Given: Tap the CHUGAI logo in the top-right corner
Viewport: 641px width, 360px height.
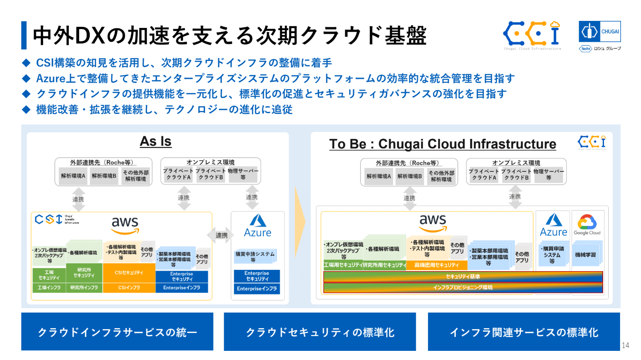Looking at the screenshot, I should [600, 32].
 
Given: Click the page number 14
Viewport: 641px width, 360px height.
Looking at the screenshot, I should [625, 345].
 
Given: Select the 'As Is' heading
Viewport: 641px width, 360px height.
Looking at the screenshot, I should [155, 141].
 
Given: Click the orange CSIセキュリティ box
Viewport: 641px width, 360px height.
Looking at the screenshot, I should [129, 273].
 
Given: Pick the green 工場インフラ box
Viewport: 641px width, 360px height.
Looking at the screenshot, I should [49, 288].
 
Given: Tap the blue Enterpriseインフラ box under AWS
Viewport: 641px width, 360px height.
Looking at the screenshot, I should [182, 288].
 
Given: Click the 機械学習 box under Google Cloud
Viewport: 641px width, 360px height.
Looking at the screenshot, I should [585, 255].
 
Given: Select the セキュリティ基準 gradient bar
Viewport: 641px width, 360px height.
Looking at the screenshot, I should [462, 276].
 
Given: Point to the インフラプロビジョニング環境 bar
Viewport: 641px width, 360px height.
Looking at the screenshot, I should [462, 287].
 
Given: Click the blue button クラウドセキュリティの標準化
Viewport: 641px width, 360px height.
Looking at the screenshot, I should [320, 332].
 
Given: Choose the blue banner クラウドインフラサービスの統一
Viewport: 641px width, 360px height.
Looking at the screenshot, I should [117, 332].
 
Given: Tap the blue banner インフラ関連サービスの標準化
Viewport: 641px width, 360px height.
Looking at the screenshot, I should [524, 332].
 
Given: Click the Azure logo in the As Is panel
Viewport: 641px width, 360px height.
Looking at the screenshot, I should [257, 225].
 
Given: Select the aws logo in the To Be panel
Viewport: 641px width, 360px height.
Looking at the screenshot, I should [432, 222].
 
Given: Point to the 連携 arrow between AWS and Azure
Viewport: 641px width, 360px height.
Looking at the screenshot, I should [222, 235].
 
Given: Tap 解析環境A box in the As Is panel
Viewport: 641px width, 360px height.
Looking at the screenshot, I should [73, 176].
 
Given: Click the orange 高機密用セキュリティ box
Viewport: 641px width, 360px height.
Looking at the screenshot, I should [436, 265].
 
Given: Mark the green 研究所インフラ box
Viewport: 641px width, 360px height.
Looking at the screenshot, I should [84, 288].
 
